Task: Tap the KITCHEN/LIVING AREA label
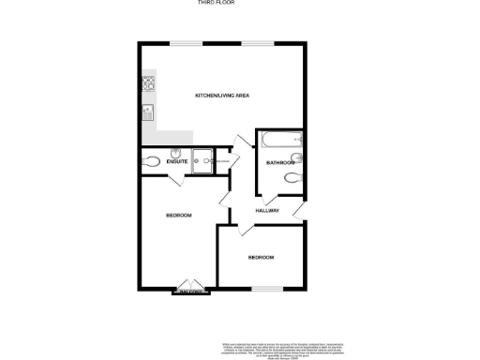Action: [221, 96]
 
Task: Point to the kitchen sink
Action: [147, 114]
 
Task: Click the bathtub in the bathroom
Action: [279, 142]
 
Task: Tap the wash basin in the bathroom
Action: [296, 157]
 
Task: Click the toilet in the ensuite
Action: [150, 161]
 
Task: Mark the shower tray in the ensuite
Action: [202, 160]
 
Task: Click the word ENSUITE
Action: [177, 162]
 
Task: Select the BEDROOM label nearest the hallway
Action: [261, 257]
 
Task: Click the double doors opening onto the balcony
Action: [191, 288]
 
